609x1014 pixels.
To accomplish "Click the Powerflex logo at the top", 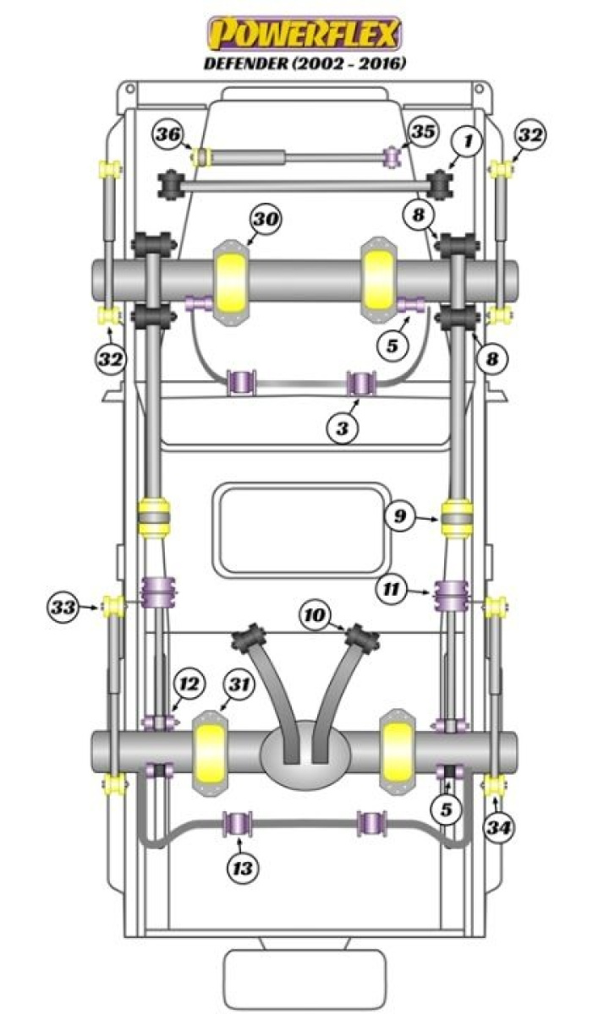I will coord(305,34).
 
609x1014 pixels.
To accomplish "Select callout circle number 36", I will coord(167,136).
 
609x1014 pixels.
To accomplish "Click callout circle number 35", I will coord(424,132).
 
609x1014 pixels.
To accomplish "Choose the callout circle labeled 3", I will coord(342,428).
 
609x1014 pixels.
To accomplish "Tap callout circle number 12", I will coord(189,684).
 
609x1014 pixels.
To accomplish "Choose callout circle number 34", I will coord(499,827).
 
